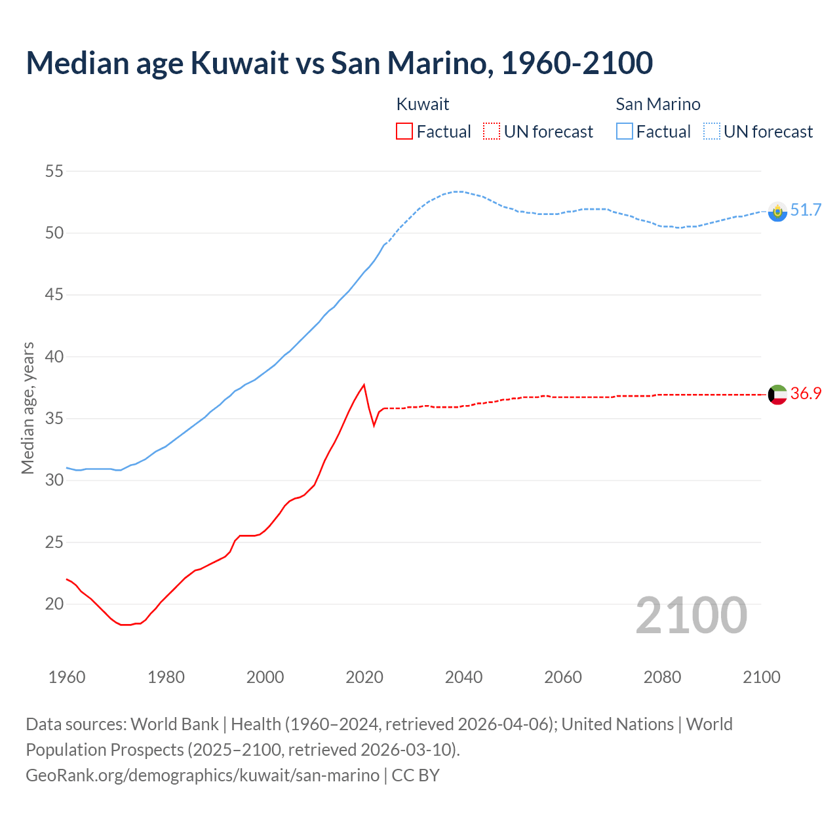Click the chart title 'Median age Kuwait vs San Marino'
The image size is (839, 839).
coord(339,63)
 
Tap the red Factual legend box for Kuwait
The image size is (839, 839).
coord(404,131)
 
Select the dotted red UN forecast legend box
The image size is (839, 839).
coord(492,131)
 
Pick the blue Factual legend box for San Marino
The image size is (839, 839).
coord(625,131)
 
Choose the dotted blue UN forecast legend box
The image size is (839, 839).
coord(712,131)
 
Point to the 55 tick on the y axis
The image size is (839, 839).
coord(54,172)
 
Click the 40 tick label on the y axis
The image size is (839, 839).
coord(54,357)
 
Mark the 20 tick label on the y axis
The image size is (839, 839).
coord(54,604)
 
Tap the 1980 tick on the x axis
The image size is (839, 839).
coord(166,677)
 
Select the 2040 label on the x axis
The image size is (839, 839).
coord(463,677)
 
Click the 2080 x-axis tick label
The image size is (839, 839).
coord(662,677)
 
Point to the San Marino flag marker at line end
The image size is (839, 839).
coord(777,211)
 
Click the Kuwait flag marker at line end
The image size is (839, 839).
coord(777,395)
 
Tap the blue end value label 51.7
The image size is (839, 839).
coord(806,210)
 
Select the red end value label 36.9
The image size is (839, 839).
coord(806,393)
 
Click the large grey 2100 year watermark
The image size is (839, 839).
coord(691,615)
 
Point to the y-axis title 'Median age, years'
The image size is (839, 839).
coord(28,408)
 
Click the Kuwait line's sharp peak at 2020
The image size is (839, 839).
coord(364,385)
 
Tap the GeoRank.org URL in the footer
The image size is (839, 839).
coord(203,775)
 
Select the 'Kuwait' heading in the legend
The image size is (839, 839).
coord(423,104)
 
